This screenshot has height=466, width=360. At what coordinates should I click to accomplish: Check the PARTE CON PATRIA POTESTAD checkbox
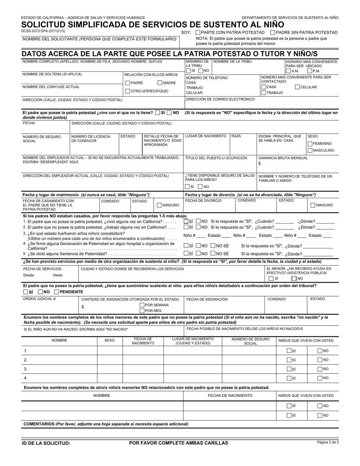[x=198, y=33]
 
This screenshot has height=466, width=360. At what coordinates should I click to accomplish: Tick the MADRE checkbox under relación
[x=160, y=83]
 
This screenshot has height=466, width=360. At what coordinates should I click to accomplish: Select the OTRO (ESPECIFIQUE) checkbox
[x=128, y=91]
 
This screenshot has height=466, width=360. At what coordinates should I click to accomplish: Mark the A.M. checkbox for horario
[x=288, y=71]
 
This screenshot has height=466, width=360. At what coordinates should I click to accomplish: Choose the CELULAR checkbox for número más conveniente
[x=297, y=87]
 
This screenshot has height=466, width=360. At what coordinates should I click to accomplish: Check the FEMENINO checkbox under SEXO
[x=310, y=144]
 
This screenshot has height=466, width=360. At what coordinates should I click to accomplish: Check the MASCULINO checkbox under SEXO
[x=310, y=150]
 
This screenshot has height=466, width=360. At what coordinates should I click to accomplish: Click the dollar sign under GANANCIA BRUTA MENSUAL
[x=260, y=164]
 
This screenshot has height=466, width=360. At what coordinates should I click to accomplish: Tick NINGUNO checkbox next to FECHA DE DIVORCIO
[x=313, y=205]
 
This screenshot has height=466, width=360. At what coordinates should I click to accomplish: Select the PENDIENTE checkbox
[x=56, y=292]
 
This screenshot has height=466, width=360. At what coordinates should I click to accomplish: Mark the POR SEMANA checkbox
[x=142, y=305]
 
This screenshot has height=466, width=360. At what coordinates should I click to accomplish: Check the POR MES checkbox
[x=142, y=311]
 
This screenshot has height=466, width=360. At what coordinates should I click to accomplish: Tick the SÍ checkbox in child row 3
[x=289, y=369]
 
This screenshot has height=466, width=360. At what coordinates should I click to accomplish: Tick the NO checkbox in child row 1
[x=319, y=351]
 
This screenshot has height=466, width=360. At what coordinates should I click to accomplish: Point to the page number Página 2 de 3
[x=328, y=442]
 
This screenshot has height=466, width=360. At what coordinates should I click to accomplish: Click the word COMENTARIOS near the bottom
[x=39, y=424]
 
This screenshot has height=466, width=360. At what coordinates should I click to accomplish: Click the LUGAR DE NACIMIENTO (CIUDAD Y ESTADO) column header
[x=193, y=341]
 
